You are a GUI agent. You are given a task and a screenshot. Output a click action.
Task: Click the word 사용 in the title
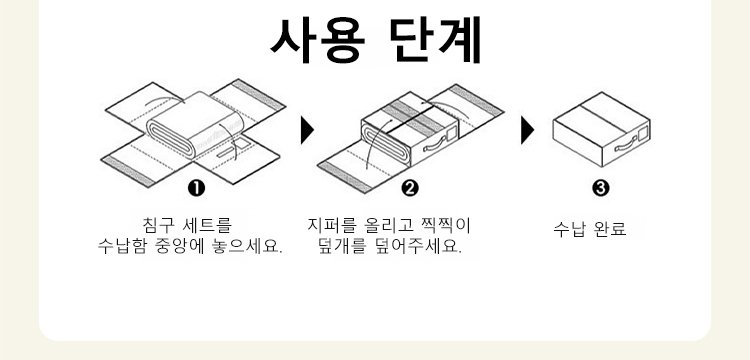click(318, 41)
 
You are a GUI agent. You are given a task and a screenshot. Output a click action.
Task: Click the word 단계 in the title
click(435, 41)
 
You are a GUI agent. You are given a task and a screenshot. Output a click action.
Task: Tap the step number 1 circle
click(196, 189)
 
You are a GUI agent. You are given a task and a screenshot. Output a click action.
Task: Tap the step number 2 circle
click(410, 189)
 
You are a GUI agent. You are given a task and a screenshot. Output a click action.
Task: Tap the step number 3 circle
click(601, 189)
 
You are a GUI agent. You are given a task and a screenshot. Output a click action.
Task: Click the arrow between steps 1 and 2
click(307, 130)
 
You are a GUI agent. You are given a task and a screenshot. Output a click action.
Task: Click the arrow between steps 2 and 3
click(527, 130)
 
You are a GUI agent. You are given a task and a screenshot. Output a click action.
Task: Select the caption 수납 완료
click(590, 229)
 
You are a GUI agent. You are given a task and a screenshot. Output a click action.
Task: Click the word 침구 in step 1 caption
click(158, 225)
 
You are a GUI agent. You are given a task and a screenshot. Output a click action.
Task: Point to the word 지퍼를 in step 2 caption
click(331, 225)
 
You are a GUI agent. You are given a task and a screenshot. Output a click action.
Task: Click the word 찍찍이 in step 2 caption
click(446, 225)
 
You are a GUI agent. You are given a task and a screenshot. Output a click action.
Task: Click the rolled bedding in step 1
click(195, 124)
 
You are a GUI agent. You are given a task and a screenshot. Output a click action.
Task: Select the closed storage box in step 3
click(601, 129)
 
